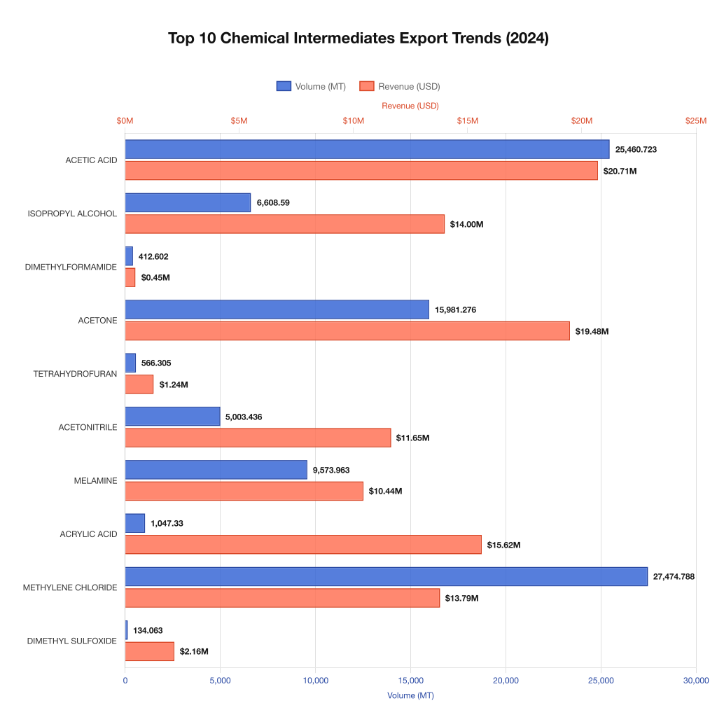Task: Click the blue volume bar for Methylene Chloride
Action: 386,576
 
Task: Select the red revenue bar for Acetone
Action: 347,331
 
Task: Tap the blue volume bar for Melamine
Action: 216,470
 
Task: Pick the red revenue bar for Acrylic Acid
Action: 303,545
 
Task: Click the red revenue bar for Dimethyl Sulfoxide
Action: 149,651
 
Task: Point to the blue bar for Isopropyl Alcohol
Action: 188,202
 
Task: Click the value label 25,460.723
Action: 636,149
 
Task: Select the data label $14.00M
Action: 467,224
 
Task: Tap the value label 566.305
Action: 156,363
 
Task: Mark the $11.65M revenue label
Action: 412,438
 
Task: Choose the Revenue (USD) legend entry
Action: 400,86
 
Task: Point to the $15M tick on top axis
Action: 468,120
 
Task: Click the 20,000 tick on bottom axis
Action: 506,681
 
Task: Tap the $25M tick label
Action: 695,120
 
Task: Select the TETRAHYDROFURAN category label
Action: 75,374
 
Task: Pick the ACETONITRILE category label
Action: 88,427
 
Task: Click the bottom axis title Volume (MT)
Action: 410,695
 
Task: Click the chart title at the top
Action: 358,39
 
